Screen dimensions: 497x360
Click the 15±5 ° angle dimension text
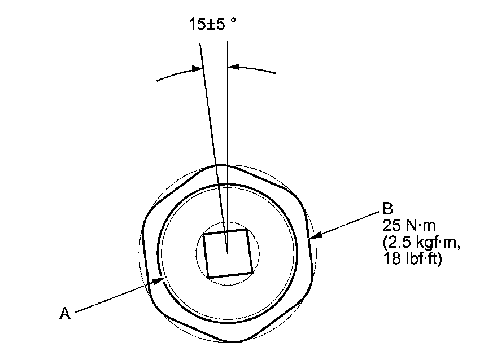point(212,24)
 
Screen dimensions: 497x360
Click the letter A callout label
point(64,313)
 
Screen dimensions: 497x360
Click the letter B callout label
point(387,209)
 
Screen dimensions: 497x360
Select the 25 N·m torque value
point(409,226)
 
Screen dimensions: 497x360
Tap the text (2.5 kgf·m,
point(421,243)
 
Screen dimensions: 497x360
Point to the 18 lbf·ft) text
point(412,258)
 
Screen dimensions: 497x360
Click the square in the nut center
point(228,253)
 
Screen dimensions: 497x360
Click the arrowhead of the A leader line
point(160,280)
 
